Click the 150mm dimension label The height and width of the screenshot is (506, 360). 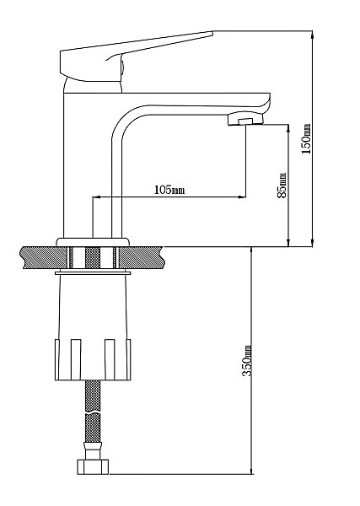pyautogui.click(x=306, y=139)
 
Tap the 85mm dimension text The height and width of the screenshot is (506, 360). pyautogui.click(x=282, y=186)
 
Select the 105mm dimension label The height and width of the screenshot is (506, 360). pyautogui.click(x=169, y=190)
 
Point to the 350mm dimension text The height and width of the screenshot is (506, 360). pyautogui.click(x=247, y=360)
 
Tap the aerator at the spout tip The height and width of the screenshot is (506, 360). pyautogui.click(x=245, y=119)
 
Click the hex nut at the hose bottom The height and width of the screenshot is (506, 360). pyautogui.click(x=93, y=466)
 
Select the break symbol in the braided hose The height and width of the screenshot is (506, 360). pyautogui.click(x=93, y=413)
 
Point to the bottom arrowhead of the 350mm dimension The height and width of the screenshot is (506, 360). pyautogui.click(x=251, y=471)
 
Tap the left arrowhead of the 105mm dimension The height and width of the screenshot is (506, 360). pyautogui.click(x=96, y=196)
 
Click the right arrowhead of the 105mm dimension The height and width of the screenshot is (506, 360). pyautogui.click(x=242, y=196)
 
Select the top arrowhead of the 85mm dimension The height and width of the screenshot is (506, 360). pyautogui.click(x=288, y=127)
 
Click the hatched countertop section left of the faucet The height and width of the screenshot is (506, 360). pyautogui.click(x=45, y=257)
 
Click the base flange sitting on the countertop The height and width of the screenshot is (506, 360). pyautogui.click(x=93, y=242)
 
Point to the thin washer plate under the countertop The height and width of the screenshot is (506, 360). pyautogui.click(x=93, y=273)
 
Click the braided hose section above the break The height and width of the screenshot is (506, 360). pyautogui.click(x=93, y=396)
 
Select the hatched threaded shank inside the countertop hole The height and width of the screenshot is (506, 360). pyautogui.click(x=93, y=257)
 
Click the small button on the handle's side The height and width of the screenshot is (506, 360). pyautogui.click(x=122, y=67)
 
